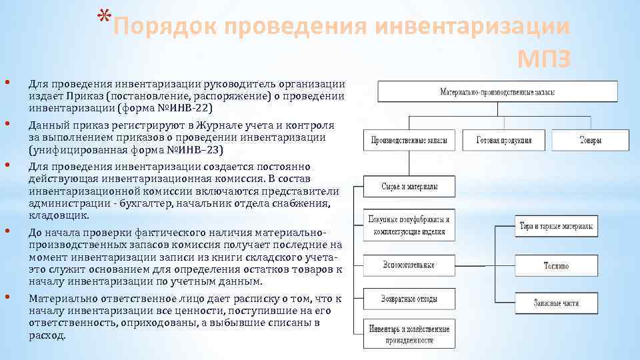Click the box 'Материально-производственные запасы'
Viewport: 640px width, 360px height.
(x=497, y=91)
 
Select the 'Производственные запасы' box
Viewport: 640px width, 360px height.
(x=409, y=140)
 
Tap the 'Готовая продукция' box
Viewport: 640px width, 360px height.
(x=504, y=140)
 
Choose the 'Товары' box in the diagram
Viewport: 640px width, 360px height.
(x=590, y=140)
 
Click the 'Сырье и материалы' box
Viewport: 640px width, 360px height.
(x=409, y=187)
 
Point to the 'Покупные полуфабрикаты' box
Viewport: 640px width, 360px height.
(x=409, y=225)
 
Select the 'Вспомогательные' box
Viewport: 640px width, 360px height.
(x=409, y=265)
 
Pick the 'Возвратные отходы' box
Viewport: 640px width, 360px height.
(x=409, y=298)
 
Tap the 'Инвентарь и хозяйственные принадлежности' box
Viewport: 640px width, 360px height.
(x=409, y=334)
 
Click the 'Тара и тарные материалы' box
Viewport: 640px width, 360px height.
(x=555, y=226)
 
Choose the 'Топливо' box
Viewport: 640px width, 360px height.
(x=555, y=265)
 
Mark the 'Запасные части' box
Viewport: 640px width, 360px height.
(x=555, y=303)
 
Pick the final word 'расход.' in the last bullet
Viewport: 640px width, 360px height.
(x=47, y=335)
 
